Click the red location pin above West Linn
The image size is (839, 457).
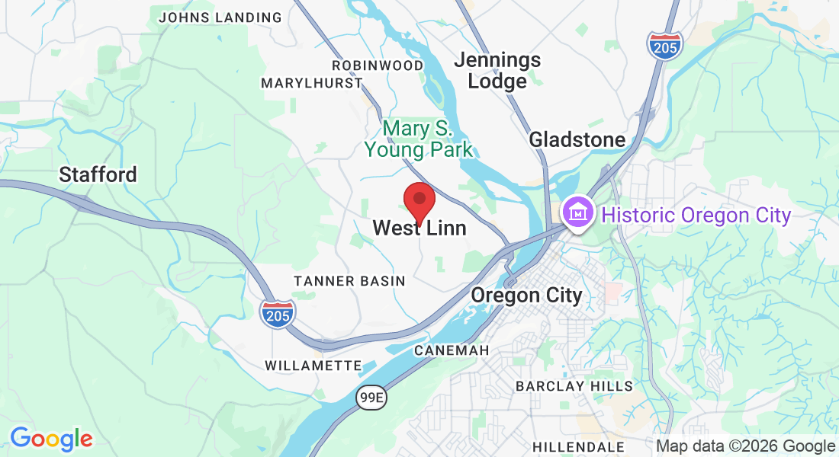pos(419,200)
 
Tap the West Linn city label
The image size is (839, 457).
pos(419,228)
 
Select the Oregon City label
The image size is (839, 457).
pos(526,295)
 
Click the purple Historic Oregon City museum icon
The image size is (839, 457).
pos(577,213)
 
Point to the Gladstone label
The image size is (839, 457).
pos(577,139)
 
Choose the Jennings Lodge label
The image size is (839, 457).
pos(497,70)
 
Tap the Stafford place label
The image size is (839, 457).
pos(98,174)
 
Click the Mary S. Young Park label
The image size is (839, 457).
pos(419,138)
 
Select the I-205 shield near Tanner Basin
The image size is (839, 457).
pos(277,313)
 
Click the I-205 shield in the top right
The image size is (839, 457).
pos(665,45)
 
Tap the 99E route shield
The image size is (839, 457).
pos(371,396)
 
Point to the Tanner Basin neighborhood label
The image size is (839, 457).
pos(350,281)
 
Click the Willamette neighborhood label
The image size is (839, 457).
pos(313,366)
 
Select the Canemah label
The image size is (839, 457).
pos(451,350)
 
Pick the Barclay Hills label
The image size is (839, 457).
pos(574,386)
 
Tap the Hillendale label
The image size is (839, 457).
pos(579,446)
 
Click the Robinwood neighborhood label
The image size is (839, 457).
pos(377,66)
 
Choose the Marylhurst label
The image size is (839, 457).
pos(312,83)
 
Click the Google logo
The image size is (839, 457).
pos(51,439)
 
